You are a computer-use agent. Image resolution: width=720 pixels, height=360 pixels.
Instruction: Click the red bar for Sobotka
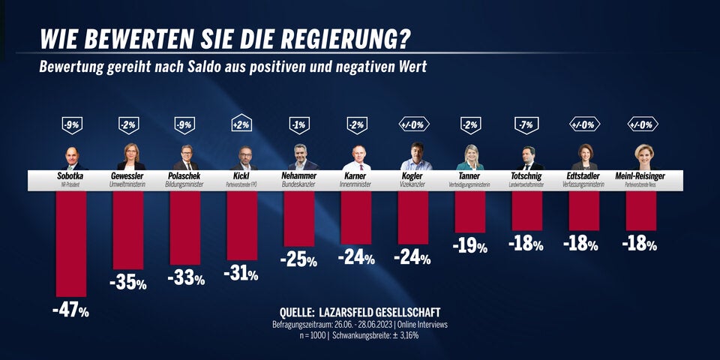coord(71,243)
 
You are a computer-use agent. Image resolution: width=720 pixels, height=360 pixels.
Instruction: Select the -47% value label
coord(71,310)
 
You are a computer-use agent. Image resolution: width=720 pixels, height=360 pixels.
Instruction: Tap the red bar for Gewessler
coord(128,229)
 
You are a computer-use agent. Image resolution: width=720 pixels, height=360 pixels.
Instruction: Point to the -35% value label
coord(128,283)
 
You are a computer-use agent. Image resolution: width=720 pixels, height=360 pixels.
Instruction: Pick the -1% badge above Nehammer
coord(299,125)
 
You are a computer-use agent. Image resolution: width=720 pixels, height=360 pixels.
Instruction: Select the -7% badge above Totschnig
coord(527,125)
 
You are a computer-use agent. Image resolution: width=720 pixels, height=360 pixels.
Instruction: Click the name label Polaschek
coord(184,175)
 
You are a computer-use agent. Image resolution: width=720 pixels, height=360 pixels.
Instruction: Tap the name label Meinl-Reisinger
coord(640,175)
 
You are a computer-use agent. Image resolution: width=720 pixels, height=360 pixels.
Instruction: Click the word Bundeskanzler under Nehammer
coord(299,184)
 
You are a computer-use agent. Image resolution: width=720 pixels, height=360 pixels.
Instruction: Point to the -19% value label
coord(471,246)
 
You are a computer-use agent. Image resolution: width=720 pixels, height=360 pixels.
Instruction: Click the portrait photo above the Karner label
coord(356,156)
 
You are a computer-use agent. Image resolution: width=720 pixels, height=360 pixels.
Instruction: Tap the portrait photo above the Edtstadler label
coord(584,156)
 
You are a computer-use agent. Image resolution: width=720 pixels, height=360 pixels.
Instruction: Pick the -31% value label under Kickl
coord(241,274)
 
